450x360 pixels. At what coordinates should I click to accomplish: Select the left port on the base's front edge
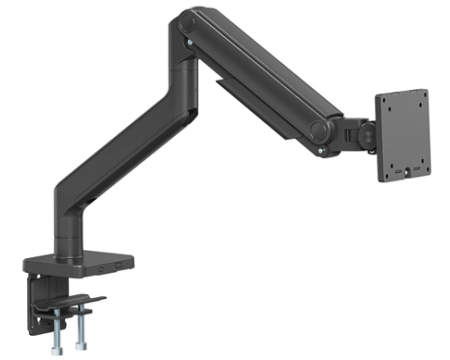[x=102, y=265]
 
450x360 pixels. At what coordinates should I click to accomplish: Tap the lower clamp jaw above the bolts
[x=68, y=303]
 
